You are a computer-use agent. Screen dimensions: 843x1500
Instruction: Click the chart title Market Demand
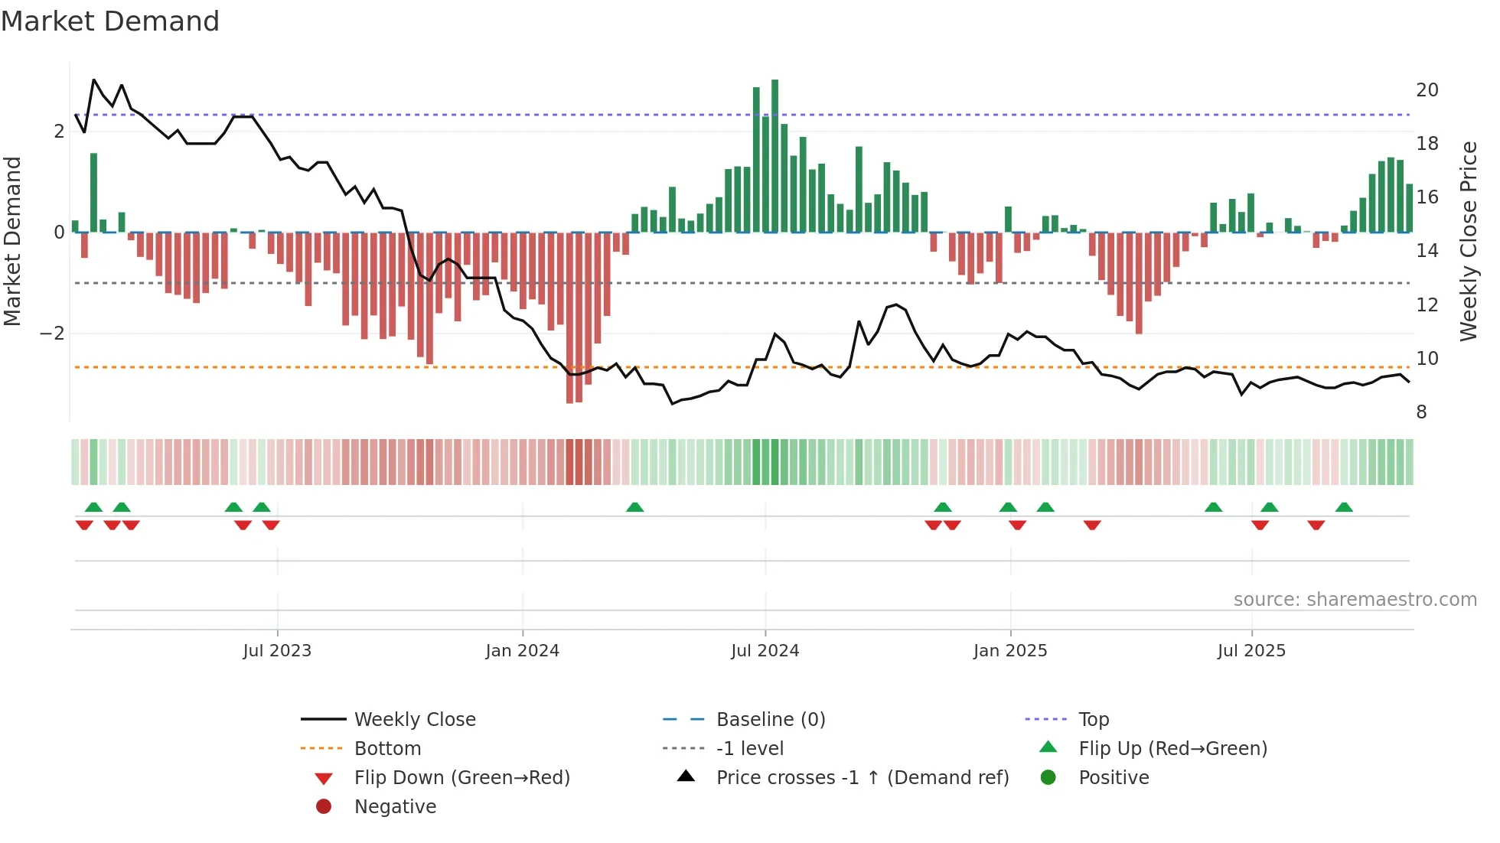tap(110, 21)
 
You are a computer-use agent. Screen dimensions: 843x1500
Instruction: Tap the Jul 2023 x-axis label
tap(277, 651)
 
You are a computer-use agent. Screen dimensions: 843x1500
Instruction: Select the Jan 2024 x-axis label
tap(522, 651)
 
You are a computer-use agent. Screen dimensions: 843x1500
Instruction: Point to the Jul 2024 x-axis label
tap(765, 651)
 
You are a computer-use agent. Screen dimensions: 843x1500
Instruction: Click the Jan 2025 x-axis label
tap(1009, 651)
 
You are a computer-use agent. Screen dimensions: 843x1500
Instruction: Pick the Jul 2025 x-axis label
tap(1251, 651)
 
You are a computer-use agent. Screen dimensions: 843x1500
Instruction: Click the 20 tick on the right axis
tap(1427, 90)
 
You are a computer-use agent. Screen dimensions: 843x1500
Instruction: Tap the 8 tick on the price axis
tap(1421, 412)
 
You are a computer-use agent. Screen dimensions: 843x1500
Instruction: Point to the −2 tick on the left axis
tap(52, 334)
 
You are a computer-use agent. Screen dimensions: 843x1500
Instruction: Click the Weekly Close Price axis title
tap(1468, 241)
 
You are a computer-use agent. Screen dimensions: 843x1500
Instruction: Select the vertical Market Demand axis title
tap(12, 241)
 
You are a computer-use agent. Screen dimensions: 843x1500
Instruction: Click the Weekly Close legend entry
tap(414, 720)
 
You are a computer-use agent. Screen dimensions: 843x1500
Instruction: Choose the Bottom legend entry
tap(387, 749)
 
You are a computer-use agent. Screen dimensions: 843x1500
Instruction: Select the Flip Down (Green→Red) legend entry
tap(461, 778)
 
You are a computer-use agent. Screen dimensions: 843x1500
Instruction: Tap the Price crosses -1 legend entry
tap(862, 778)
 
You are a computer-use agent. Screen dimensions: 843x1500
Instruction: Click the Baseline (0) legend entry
tap(770, 720)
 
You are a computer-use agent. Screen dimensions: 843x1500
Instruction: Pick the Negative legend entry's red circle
tap(324, 807)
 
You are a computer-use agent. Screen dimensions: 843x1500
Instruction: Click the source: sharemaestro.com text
tap(1355, 600)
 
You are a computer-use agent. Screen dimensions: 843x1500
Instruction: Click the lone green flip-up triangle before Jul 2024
tap(634, 507)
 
